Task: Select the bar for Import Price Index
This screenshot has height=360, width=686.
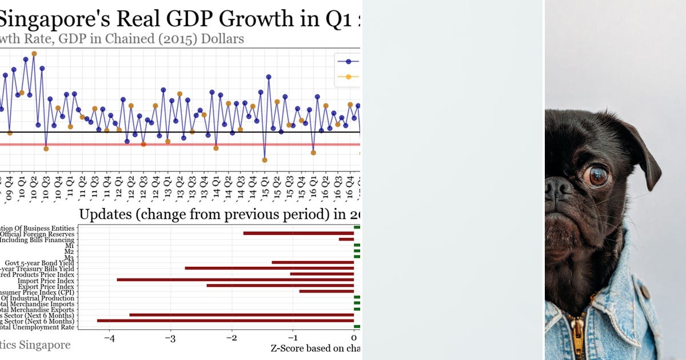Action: [x=235, y=280]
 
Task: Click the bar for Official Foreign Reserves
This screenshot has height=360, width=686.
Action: [x=298, y=233]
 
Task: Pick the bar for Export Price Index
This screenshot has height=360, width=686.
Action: [x=280, y=286]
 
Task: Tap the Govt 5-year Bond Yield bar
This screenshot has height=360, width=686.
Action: [x=313, y=262]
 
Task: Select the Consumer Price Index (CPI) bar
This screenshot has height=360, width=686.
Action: [x=326, y=291]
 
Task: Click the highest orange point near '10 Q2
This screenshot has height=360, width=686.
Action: [x=34, y=54]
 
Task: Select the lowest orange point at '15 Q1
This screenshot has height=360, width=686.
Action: [x=264, y=160]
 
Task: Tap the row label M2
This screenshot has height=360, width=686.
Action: [x=70, y=251]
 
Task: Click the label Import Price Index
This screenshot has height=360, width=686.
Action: [x=46, y=281]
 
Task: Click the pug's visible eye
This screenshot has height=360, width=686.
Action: [x=596, y=176]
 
